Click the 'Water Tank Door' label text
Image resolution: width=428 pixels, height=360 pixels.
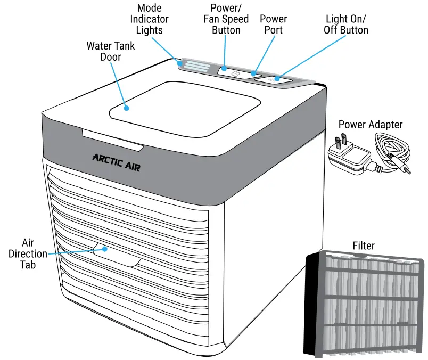(x=111, y=51)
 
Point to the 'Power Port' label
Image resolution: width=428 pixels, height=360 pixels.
(x=274, y=24)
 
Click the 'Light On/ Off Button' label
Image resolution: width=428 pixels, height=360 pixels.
(x=345, y=24)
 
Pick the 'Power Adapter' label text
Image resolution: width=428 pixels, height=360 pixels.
(x=371, y=125)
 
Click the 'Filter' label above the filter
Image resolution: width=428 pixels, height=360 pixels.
(x=364, y=246)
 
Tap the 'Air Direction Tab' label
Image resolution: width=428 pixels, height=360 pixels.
(x=28, y=253)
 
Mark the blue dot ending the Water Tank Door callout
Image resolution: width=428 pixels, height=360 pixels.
(x=127, y=108)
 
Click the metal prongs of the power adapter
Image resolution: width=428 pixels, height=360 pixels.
(x=345, y=140)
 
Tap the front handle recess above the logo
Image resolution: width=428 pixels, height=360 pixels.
(x=113, y=138)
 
